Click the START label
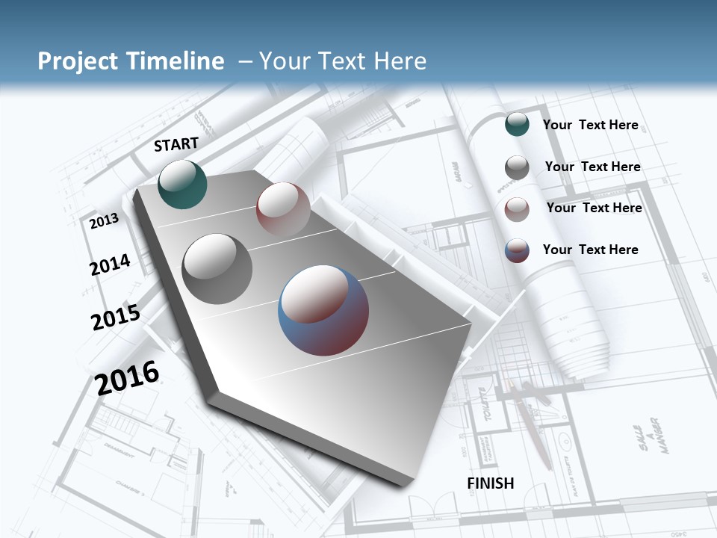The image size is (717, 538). click(x=176, y=144)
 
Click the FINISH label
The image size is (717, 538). click(x=491, y=483)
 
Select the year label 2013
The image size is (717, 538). click(x=105, y=221)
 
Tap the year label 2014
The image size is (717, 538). click(x=110, y=265)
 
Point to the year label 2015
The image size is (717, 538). click(x=116, y=317)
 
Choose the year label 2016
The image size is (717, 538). click(x=128, y=377)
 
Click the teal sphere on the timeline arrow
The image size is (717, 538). click(x=182, y=184)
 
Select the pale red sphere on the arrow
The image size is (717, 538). click(x=283, y=208)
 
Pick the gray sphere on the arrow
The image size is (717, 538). click(x=217, y=268)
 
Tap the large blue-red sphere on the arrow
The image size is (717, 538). click(x=323, y=310)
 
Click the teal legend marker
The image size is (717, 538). click(x=517, y=124)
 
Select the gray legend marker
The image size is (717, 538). click(x=517, y=167)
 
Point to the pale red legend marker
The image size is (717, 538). click(x=517, y=209)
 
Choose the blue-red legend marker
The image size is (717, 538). click(x=517, y=250)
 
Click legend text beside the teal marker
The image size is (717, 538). click(x=590, y=125)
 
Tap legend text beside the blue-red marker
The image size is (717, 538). click(x=590, y=250)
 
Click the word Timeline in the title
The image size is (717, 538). click(x=178, y=61)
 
